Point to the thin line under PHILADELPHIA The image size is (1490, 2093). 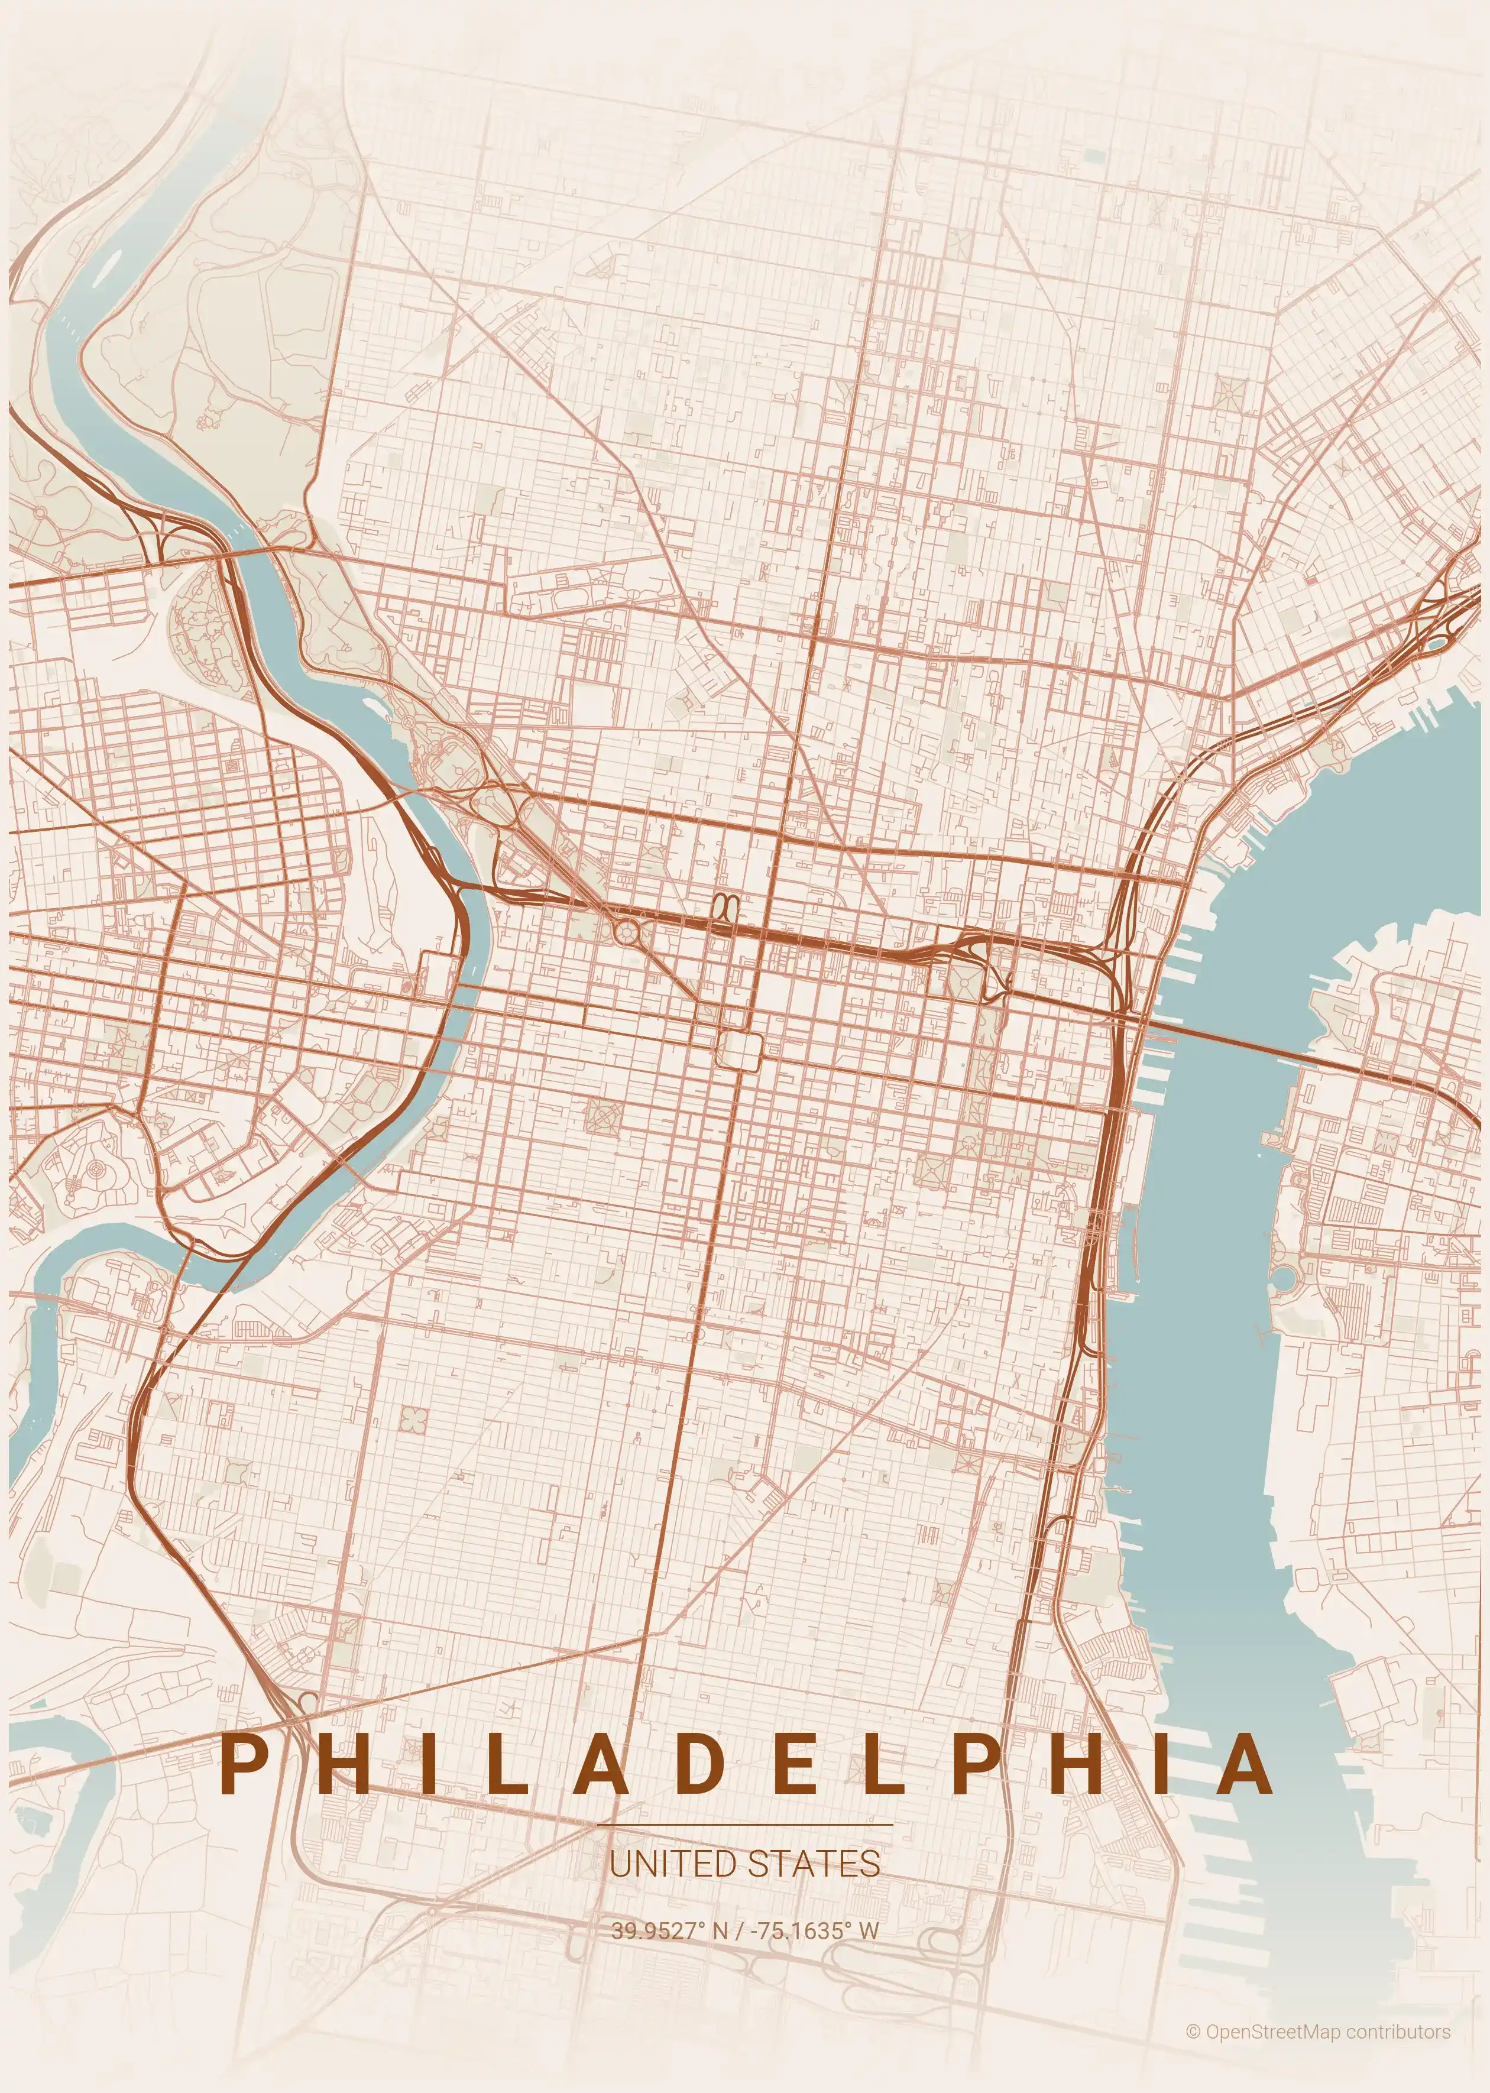(x=744, y=1824)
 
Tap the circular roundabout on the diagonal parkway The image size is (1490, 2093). (x=627, y=934)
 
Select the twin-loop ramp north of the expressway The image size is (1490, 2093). (x=725, y=906)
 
